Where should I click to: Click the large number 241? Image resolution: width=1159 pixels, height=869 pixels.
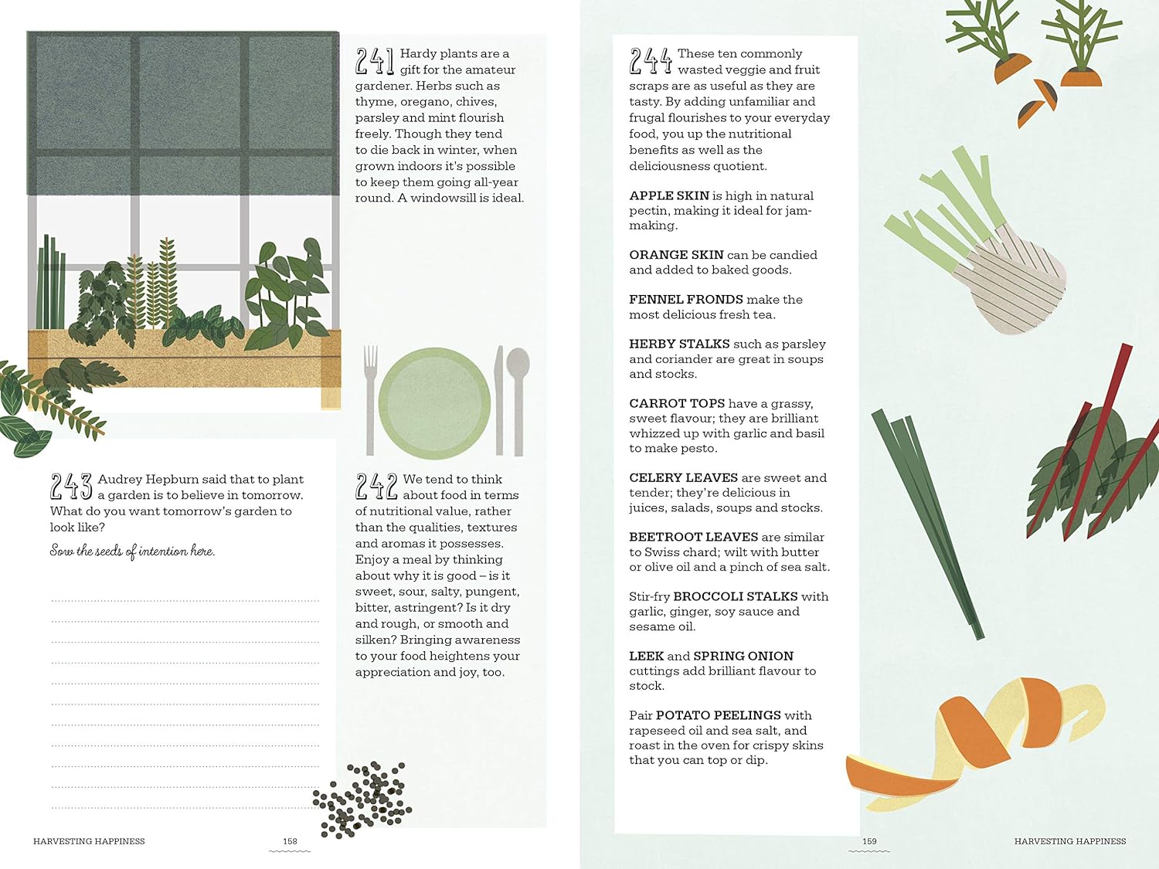[375, 61]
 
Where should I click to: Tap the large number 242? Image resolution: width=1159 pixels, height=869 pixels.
[376, 487]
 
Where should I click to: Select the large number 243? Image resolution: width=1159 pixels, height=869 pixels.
[71, 487]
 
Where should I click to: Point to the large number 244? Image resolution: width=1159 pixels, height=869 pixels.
[650, 61]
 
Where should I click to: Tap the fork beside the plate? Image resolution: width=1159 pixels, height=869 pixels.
[371, 398]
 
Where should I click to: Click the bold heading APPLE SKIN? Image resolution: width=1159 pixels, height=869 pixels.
[669, 195]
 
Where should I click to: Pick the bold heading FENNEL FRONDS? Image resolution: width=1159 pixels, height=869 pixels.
[686, 299]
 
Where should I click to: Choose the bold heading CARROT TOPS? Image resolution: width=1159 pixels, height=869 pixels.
[677, 403]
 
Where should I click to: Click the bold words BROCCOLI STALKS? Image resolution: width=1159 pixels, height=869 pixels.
[736, 596]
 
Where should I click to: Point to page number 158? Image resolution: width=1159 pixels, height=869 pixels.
[290, 841]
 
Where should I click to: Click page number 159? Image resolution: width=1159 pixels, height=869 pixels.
[869, 841]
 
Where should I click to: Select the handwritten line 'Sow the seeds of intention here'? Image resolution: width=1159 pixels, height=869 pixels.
[132, 551]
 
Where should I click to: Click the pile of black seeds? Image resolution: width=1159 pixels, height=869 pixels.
[363, 799]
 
